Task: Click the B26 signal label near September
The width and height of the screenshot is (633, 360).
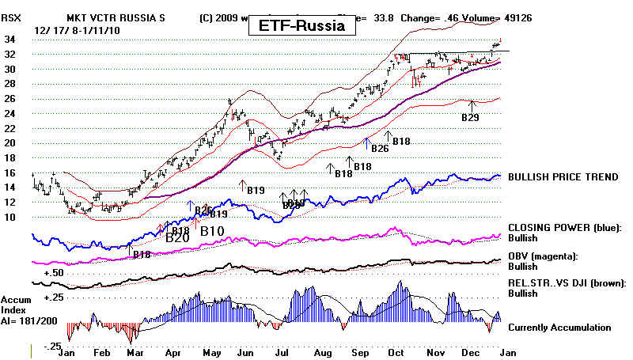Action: tap(380, 148)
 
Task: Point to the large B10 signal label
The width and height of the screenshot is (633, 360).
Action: tap(213, 232)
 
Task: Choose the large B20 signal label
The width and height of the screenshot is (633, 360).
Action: tap(178, 236)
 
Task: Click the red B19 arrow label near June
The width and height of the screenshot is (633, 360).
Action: tap(255, 191)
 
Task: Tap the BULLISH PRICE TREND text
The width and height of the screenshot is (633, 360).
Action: tap(563, 177)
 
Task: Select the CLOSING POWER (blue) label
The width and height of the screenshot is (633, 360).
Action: tap(563, 227)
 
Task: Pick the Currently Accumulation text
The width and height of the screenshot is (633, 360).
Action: tap(559, 327)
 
